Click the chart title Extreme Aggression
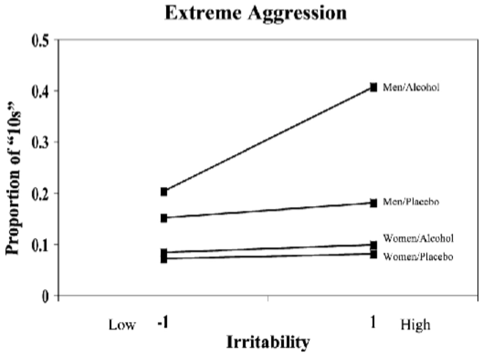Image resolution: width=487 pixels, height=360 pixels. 255,13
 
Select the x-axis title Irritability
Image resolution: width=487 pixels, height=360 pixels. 268,342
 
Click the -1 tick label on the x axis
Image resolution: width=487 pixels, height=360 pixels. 164,324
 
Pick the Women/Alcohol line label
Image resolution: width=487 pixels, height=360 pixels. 418,239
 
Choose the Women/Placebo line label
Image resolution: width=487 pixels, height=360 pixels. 417,257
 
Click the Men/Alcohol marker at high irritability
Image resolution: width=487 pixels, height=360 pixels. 374,87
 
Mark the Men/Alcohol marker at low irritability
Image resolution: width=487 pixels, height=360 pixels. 163,192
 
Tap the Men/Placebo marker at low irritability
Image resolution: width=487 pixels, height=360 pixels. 163,218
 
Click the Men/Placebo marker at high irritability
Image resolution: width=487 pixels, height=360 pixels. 374,203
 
